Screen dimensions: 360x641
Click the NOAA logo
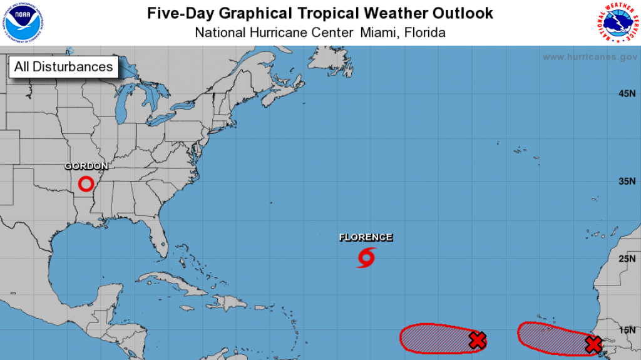coord(22,22)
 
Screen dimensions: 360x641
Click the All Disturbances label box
coord(64,67)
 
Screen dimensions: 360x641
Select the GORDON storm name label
coord(86,167)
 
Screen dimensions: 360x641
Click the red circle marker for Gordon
coord(86,184)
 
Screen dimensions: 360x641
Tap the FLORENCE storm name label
coord(366,237)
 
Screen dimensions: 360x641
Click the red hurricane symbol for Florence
coord(366,257)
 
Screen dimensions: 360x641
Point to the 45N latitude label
coord(627,94)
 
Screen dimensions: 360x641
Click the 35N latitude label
coord(627,182)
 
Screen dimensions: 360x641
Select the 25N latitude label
coord(627,259)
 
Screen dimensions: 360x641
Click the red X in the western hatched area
coord(478,341)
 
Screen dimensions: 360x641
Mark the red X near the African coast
coord(593,344)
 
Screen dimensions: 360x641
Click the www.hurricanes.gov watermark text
coord(590,57)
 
